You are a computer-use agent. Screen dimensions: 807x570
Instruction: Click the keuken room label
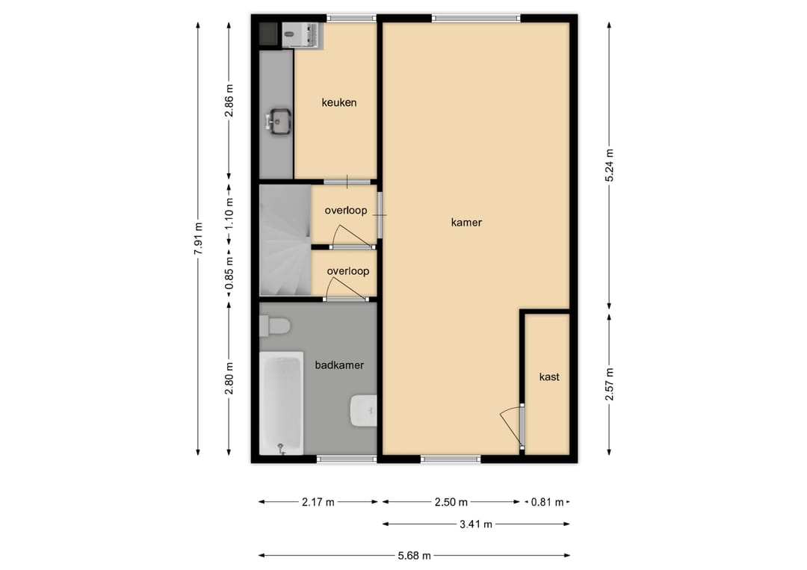pos(338,102)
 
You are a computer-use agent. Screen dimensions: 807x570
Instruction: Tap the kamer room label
pos(466,222)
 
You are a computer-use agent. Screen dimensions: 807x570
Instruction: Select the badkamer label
pos(339,365)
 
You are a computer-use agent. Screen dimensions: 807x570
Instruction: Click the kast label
pos(549,377)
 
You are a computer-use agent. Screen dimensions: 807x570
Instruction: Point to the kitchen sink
pos(279,122)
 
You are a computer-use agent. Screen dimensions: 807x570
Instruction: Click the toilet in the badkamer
pos(275,326)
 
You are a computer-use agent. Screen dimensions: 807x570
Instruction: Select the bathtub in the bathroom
pos(281,403)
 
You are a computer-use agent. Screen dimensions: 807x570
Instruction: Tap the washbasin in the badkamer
pos(364,411)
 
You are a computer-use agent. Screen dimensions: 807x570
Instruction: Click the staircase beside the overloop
pos(285,241)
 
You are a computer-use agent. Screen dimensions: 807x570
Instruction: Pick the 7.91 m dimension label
pos(198,238)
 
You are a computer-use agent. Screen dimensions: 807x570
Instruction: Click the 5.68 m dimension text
pos(414,556)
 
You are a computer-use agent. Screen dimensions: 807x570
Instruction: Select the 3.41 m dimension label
pos(475,524)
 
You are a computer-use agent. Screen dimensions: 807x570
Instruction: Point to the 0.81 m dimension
pos(547,502)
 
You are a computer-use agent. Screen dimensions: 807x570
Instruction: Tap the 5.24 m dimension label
pos(610,165)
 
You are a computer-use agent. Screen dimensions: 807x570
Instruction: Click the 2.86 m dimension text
pos(229,100)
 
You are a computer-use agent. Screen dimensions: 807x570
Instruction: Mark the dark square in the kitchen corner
pos(268,33)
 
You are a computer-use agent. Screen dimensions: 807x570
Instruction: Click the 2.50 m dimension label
pos(451,502)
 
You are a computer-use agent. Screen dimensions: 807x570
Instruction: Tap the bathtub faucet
pos(281,448)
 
